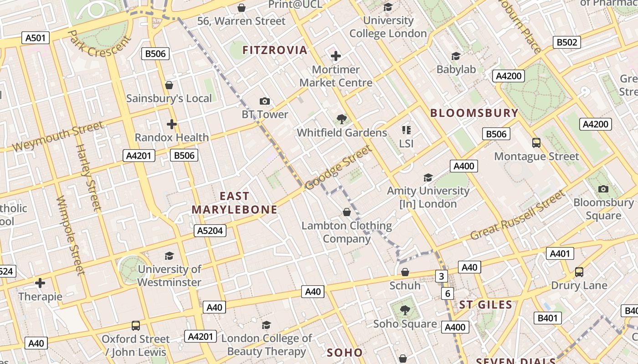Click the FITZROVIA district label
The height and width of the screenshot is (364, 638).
click(275, 50)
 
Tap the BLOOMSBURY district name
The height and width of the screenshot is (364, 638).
click(474, 113)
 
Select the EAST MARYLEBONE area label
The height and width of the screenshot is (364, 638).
click(234, 203)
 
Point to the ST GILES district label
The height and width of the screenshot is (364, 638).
click(485, 305)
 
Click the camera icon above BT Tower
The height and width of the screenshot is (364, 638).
click(264, 101)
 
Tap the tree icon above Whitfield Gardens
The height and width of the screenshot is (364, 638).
click(341, 120)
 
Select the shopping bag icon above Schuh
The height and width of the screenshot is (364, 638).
click(405, 272)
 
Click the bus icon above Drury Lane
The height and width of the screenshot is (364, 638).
click(579, 272)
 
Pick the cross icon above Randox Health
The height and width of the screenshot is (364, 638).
click(171, 124)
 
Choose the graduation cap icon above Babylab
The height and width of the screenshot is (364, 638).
click(456, 56)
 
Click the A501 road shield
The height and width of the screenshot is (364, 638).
click(36, 38)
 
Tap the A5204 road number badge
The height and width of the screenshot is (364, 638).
click(210, 231)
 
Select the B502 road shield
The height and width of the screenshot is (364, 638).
click(567, 42)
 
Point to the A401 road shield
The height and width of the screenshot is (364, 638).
click(560, 253)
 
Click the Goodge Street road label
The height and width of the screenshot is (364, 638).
click(338, 167)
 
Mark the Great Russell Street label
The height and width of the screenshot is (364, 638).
click(517, 216)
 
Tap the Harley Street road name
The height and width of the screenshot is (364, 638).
click(87, 177)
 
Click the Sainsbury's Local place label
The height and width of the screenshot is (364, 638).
click(169, 98)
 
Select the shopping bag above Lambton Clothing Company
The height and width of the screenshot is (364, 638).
click(346, 212)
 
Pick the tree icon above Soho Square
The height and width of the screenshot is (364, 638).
click(404, 310)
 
